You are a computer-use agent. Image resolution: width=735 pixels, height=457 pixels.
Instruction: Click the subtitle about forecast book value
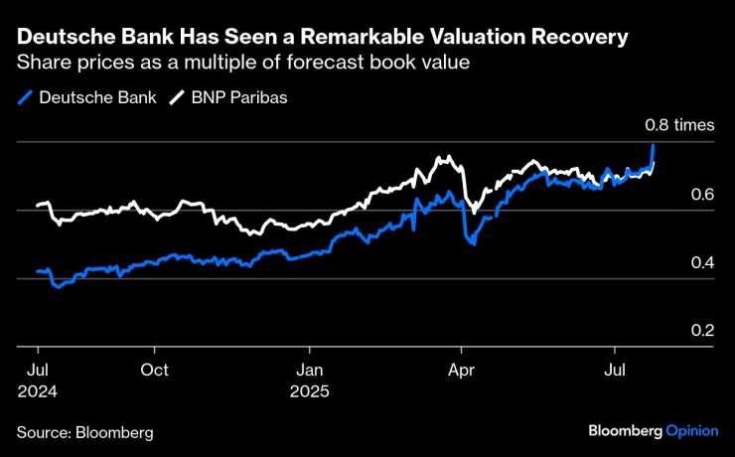[x=242, y=63]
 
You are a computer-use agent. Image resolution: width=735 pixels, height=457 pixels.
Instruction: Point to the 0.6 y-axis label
[x=702, y=194]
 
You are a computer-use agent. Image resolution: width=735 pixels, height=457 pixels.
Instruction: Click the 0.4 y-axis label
[x=702, y=262]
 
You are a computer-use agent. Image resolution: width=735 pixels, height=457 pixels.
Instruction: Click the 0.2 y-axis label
[x=702, y=330]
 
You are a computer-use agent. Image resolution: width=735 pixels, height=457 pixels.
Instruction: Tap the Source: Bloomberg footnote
[x=84, y=433]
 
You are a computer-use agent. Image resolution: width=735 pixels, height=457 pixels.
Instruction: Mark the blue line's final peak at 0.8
[x=654, y=145]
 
